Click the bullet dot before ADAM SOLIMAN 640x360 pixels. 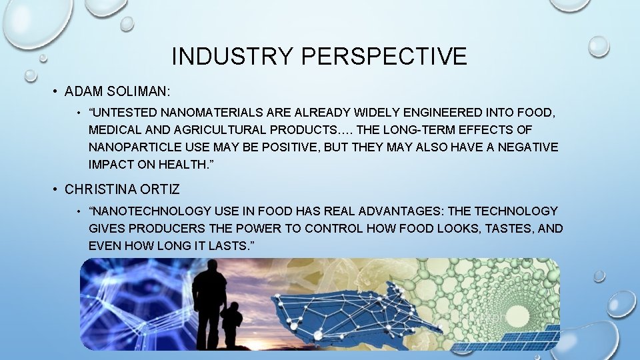click(57, 92)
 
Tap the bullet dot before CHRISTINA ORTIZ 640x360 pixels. click(57, 189)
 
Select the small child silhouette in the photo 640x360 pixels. click(231, 323)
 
